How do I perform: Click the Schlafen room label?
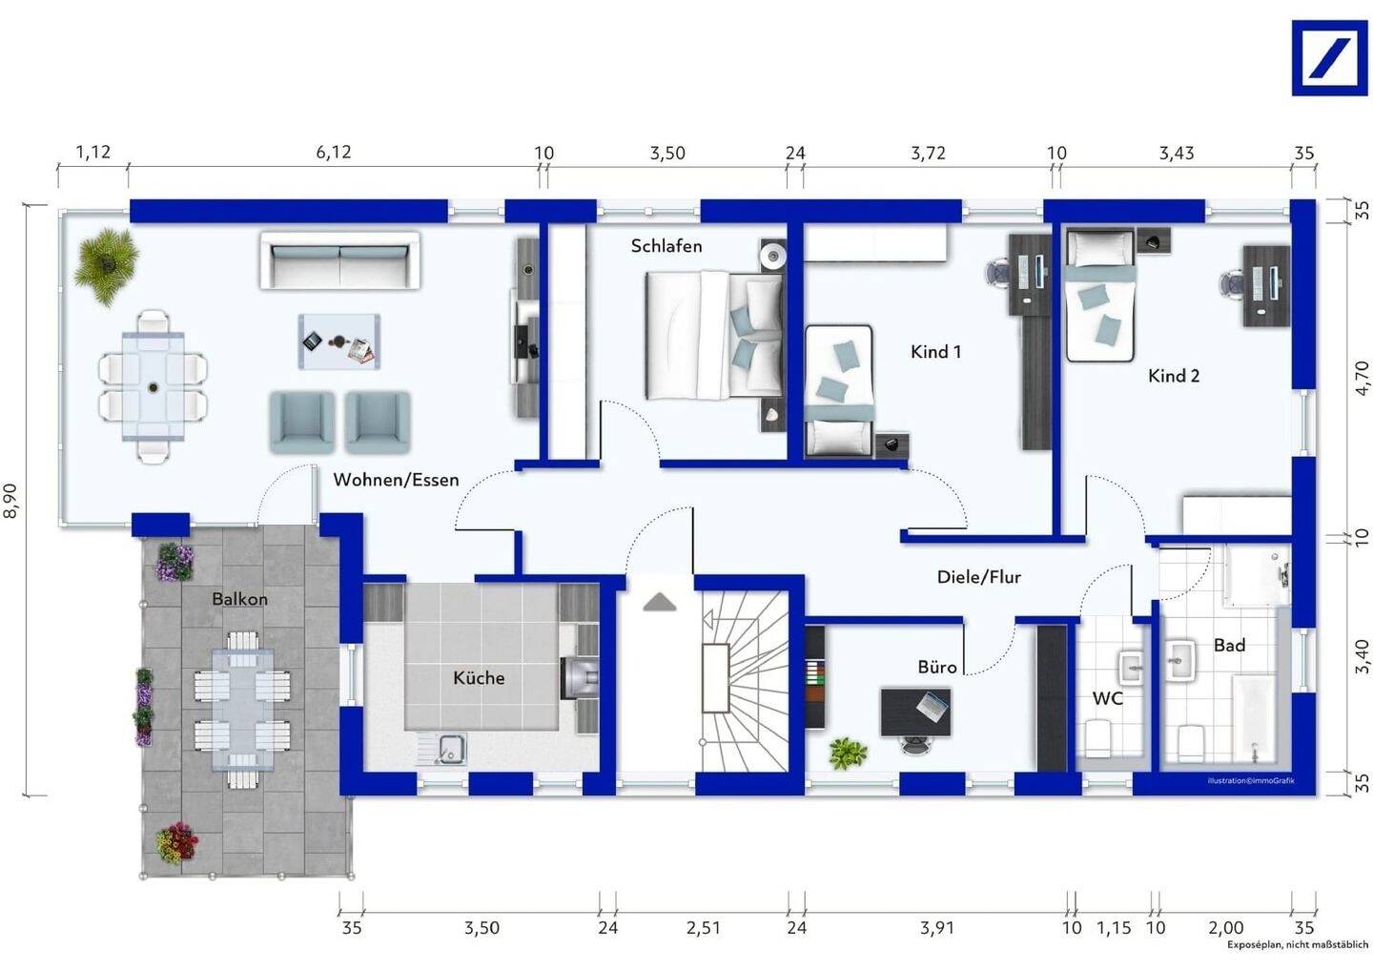pos(666,246)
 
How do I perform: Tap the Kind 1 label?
pos(936,352)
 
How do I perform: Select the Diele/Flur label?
pos(979,577)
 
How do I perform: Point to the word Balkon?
pos(239,599)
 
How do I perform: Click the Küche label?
pos(479,677)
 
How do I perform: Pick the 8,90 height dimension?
pos(11,500)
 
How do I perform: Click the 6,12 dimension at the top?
pos(334,152)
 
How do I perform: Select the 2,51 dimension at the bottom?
pos(703,927)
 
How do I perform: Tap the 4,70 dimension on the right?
pos(1362,379)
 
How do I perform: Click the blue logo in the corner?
pos(1329,58)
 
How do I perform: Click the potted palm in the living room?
pos(106,265)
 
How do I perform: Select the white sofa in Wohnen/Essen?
pos(340,259)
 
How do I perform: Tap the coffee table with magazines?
pos(339,341)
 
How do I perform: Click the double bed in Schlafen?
pos(715,336)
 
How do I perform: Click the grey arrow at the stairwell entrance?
pos(660,602)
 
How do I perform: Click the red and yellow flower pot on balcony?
pos(176,843)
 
